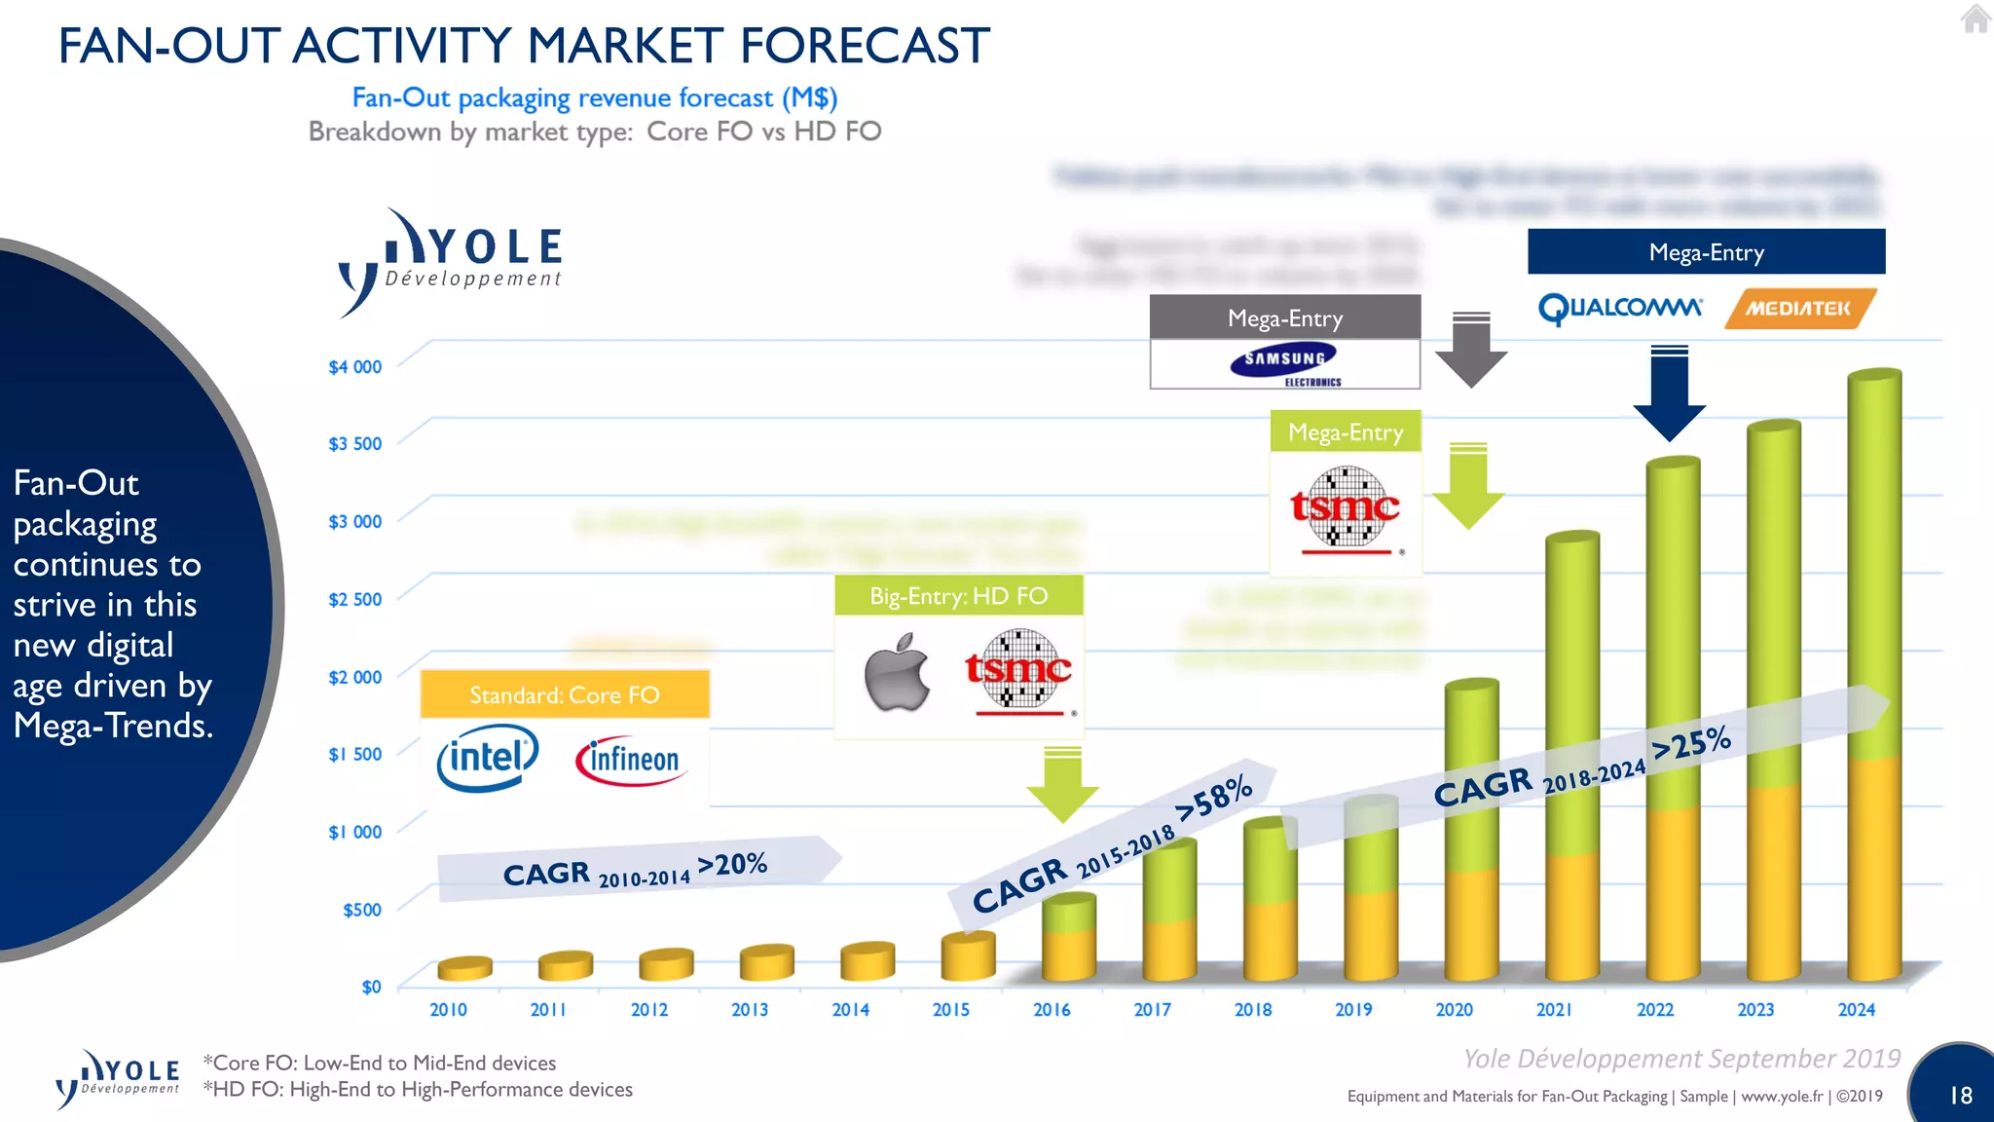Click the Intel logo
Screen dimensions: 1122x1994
coord(488,758)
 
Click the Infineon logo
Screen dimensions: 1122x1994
coord(631,760)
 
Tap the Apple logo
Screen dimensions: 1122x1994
coord(897,672)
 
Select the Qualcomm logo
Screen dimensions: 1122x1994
coord(1620,309)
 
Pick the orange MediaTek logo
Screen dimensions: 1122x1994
coord(1798,309)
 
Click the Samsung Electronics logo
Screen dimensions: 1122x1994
coord(1285,364)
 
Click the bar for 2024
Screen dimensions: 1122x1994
coord(1874,682)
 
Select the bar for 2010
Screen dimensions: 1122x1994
coord(464,967)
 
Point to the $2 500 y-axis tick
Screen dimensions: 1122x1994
coord(354,599)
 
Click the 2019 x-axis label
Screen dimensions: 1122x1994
coord(1353,1010)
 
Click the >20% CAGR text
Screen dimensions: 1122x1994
coord(732,864)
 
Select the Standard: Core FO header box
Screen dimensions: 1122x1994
coord(565,694)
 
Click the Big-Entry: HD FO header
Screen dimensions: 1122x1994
coord(958,595)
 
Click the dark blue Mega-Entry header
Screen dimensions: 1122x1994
coord(1706,252)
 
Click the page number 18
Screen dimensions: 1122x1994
coord(1960,1096)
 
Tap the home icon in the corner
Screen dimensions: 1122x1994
coord(1976,19)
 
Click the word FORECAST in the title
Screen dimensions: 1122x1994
coord(865,46)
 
